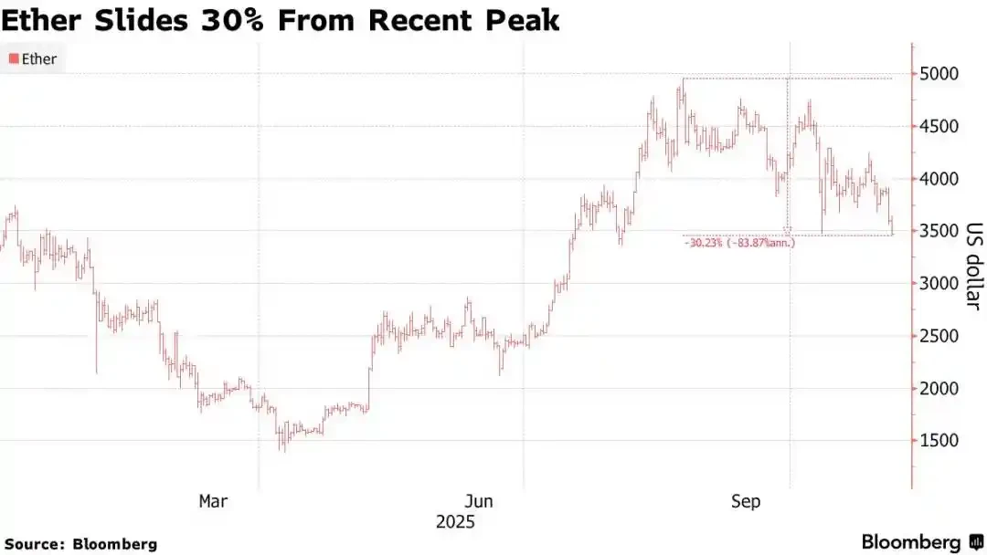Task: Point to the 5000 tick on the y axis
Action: coord(939,74)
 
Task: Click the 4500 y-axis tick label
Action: coord(939,126)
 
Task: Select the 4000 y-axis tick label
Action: coord(939,179)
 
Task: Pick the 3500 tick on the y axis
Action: coord(939,231)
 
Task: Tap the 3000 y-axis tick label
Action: coord(939,284)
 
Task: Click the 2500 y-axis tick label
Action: coord(939,336)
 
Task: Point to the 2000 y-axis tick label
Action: coord(939,389)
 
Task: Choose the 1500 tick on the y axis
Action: coord(939,441)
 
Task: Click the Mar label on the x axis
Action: coord(213,501)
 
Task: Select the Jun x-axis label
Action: coord(479,501)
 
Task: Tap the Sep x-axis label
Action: coord(746,501)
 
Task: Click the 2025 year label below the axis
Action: coord(454,523)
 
